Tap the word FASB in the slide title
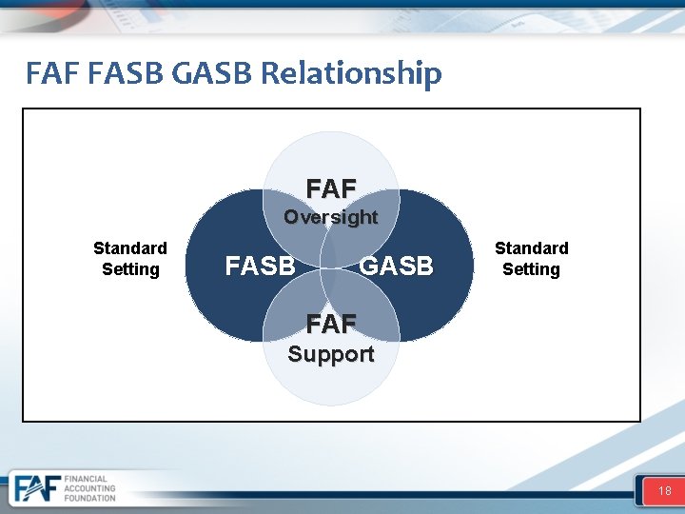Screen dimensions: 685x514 click(x=125, y=73)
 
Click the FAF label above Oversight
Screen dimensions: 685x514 click(x=331, y=188)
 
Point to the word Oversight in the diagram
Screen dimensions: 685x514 click(x=331, y=217)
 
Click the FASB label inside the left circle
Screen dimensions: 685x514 click(x=260, y=266)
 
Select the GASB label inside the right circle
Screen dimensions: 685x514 click(x=396, y=266)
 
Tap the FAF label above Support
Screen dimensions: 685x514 click(x=331, y=325)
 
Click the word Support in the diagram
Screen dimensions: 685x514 click(x=331, y=354)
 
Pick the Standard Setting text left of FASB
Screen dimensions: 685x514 click(x=130, y=258)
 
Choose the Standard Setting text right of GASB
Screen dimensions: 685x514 click(x=531, y=258)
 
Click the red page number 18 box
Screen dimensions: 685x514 click(x=663, y=491)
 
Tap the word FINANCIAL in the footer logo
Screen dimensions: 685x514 click(x=87, y=479)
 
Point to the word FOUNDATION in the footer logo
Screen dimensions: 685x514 click(x=89, y=498)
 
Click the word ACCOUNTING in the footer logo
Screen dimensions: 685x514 click(x=90, y=488)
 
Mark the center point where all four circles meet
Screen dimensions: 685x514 click(x=331, y=268)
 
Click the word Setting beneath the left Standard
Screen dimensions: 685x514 click(x=130, y=269)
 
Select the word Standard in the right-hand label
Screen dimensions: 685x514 click(x=531, y=247)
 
